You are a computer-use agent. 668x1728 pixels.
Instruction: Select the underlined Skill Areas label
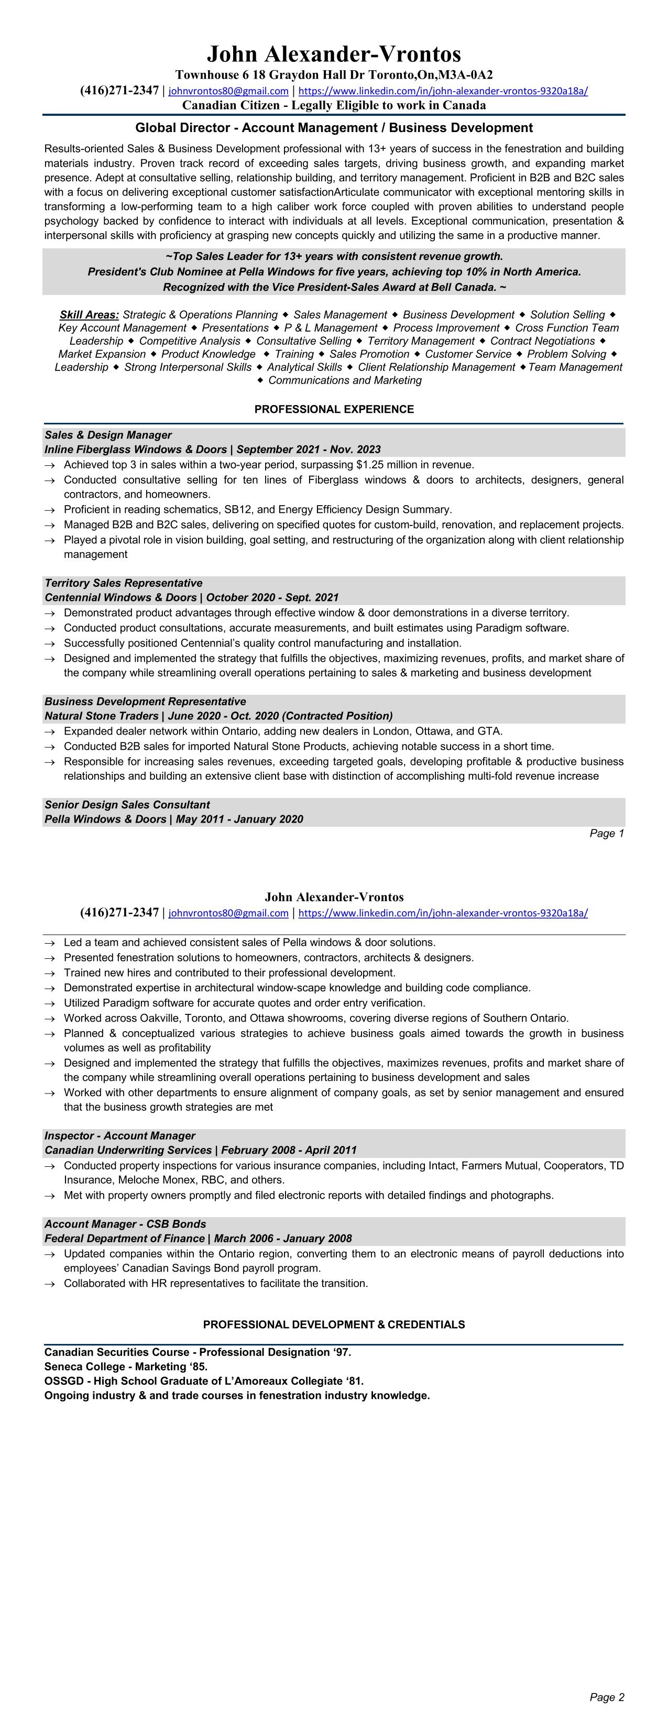coord(89,314)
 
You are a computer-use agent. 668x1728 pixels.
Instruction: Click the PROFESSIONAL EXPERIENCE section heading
coord(334,409)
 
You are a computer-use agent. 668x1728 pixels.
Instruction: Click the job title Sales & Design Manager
coord(108,435)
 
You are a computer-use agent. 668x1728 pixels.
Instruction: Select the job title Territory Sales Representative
coord(124,583)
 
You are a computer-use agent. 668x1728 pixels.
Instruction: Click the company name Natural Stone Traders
coord(101,716)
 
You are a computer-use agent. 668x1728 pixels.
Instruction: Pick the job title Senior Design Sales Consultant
coord(127,804)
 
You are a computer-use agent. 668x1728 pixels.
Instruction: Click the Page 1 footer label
coord(606,833)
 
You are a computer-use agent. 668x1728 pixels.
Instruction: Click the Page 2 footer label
coord(606,1697)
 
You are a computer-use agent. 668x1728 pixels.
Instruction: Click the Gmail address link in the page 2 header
coord(228,913)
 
